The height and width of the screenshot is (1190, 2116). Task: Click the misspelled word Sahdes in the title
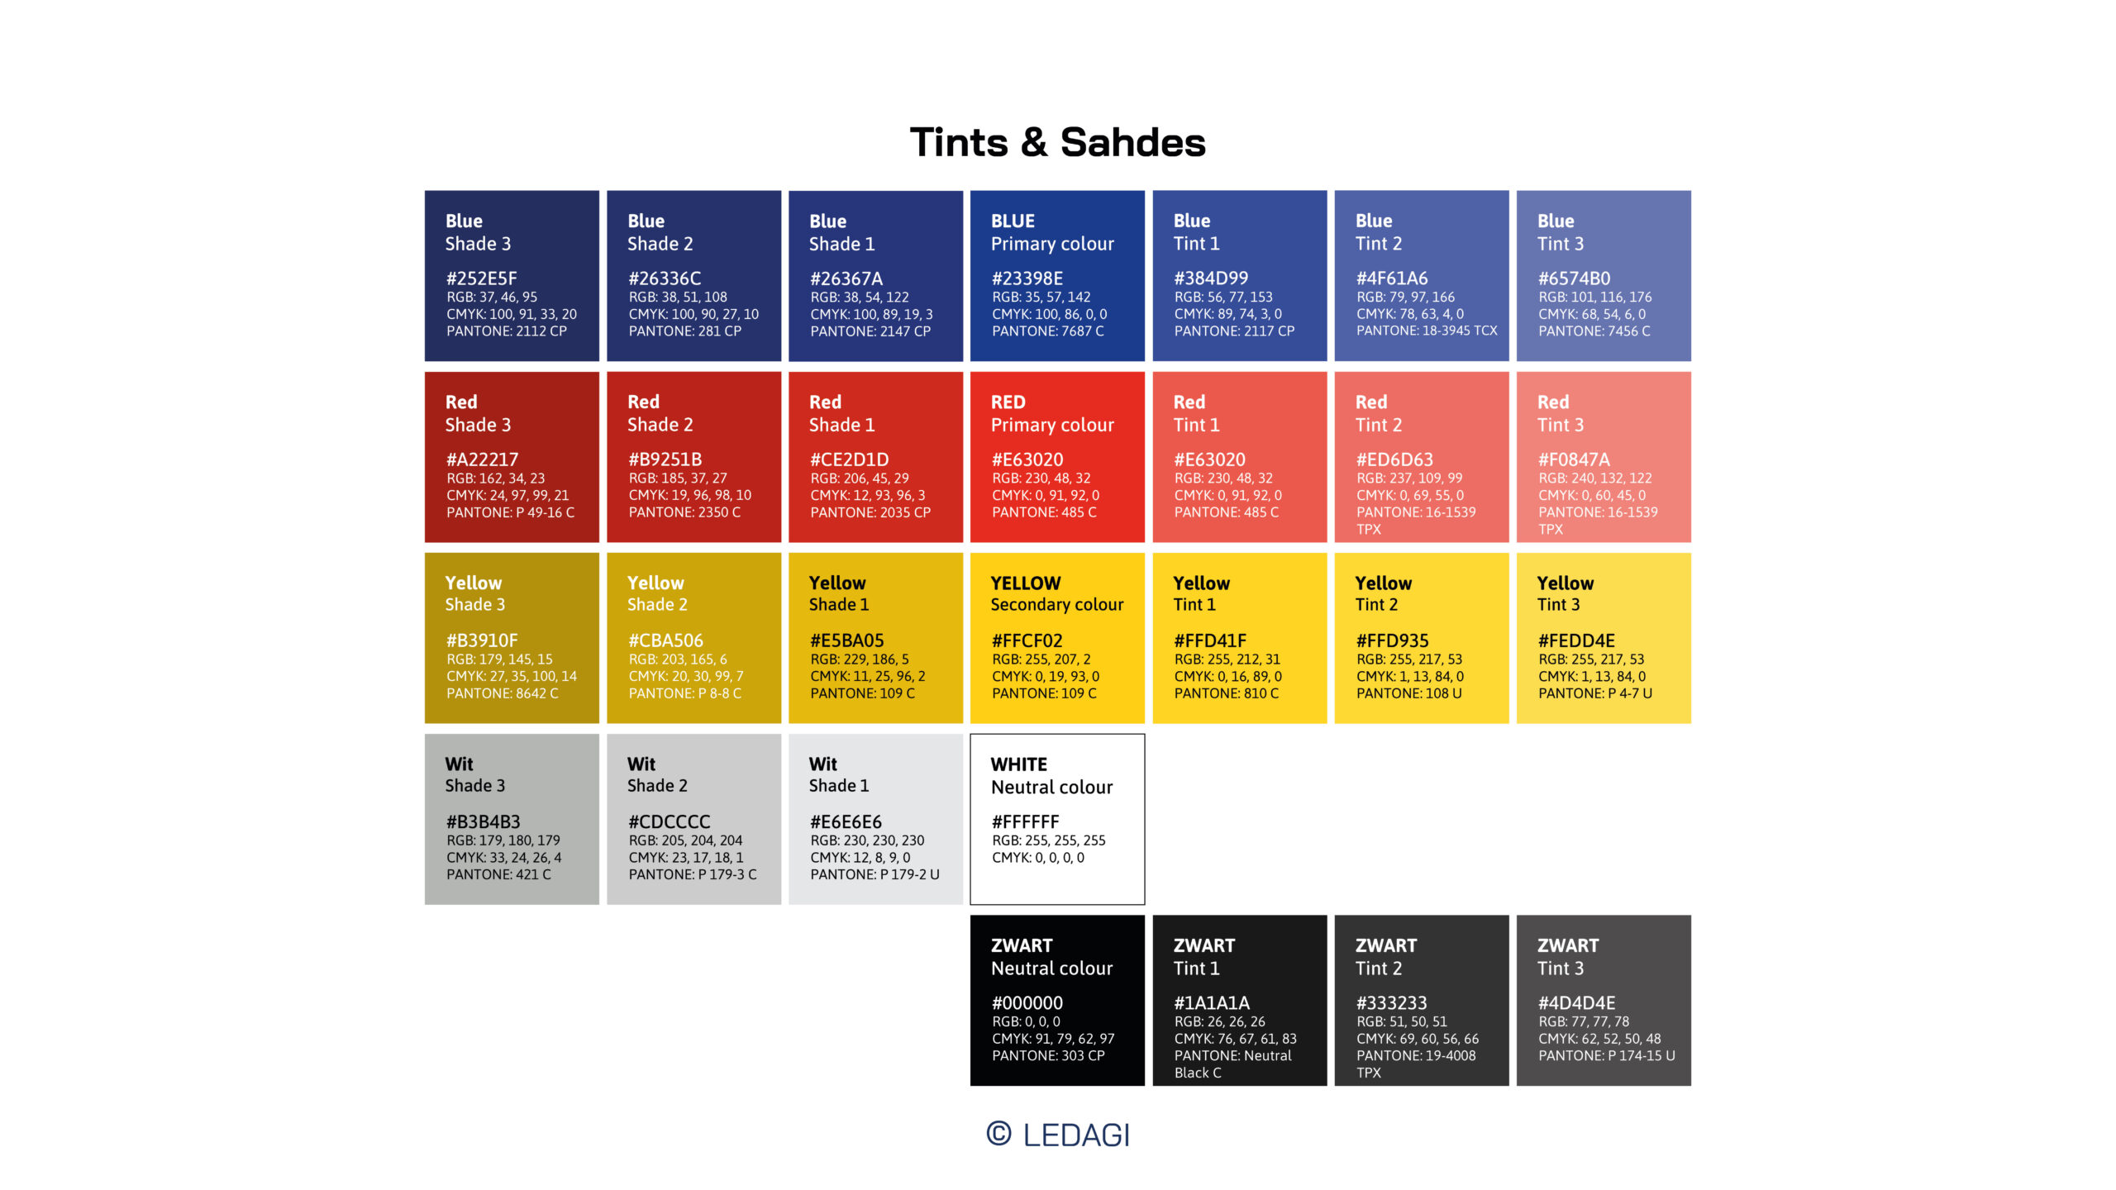pos(1132,143)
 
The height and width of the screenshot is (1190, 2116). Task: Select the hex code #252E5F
pos(481,278)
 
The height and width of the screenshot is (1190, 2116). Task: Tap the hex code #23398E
pos(1027,278)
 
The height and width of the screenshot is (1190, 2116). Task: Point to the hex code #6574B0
pos(1574,278)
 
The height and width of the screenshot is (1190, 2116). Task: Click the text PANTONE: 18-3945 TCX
pos(1426,331)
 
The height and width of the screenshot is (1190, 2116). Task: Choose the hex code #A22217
pos(482,459)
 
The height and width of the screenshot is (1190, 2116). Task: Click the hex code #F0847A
pos(1573,459)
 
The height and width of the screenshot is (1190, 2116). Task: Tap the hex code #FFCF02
pos(1027,640)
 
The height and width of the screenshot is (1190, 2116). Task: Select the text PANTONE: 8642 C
pos(502,693)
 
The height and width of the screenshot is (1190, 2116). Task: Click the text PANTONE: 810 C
pos(1226,693)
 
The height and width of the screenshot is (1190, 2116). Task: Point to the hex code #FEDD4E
pos(1575,640)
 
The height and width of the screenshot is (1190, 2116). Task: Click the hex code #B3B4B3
pos(483,822)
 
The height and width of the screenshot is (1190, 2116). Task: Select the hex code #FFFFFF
pos(1025,822)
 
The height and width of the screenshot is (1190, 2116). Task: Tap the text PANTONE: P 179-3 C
pos(692,874)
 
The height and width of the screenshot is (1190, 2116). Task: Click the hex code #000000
pos(1027,1003)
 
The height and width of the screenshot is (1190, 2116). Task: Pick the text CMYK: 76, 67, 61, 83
pos(1235,1039)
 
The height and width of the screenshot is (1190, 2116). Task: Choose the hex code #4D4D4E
pos(1575,1003)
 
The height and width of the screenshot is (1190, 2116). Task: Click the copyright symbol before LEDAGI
pos(998,1134)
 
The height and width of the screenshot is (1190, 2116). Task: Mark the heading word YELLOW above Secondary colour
pos(1025,583)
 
